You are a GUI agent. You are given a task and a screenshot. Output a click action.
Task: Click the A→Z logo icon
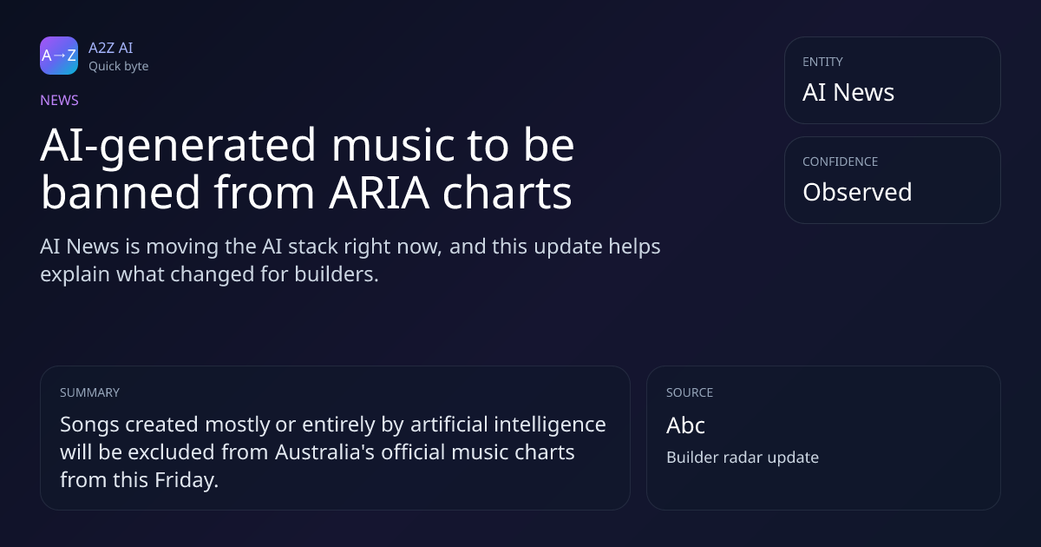pyautogui.click(x=59, y=56)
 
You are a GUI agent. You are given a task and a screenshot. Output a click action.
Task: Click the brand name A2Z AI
pyautogui.click(x=111, y=48)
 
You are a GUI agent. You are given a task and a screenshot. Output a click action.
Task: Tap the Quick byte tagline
pyautogui.click(x=119, y=67)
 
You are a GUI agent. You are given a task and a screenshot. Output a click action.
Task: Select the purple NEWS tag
pyautogui.click(x=60, y=101)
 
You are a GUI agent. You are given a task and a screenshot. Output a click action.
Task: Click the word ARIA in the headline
pyautogui.click(x=379, y=193)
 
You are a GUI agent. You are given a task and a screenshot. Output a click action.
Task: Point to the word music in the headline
pyautogui.click(x=393, y=145)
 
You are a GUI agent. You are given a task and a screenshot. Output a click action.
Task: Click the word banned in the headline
pyautogui.click(x=121, y=192)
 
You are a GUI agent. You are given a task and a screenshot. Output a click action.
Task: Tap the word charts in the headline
pyautogui.click(x=507, y=192)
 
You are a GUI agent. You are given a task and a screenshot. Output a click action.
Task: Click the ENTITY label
pyautogui.click(x=822, y=62)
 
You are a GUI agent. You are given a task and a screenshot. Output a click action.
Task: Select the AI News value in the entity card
pyautogui.click(x=848, y=92)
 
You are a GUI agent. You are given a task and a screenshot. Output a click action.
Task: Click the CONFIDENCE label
pyautogui.click(x=841, y=161)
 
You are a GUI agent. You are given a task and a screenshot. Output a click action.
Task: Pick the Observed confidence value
pyautogui.click(x=857, y=192)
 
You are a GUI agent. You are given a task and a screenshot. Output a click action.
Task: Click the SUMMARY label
pyautogui.click(x=89, y=392)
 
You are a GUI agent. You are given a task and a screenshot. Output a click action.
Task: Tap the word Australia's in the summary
pyautogui.click(x=324, y=452)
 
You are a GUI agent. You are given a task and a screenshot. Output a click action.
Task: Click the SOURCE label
pyautogui.click(x=690, y=392)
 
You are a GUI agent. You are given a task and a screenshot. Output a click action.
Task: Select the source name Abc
pyautogui.click(x=685, y=425)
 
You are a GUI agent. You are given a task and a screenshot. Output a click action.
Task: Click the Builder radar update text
pyautogui.click(x=743, y=458)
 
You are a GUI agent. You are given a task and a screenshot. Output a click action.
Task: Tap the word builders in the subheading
pyautogui.click(x=337, y=274)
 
